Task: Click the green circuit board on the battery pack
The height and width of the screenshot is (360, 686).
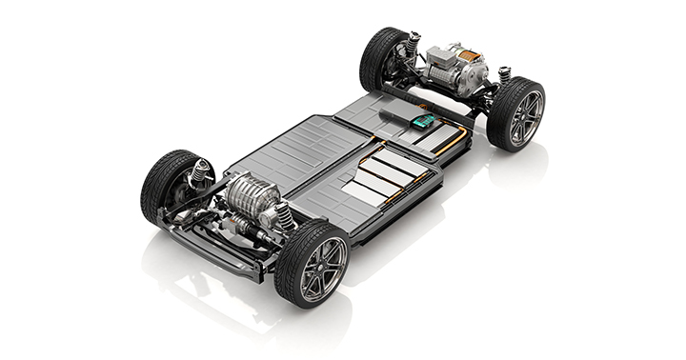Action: coord(421,121)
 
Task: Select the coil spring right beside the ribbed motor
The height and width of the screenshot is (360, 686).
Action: coord(284,216)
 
